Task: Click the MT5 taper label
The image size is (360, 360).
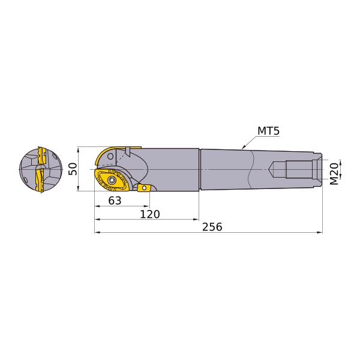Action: tap(268, 131)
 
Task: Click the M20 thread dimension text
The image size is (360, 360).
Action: tap(334, 173)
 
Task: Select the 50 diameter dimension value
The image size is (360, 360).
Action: tap(73, 169)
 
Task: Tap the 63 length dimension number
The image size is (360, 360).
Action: tap(115, 200)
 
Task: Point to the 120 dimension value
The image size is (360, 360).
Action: tap(150, 214)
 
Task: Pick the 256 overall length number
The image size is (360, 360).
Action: tap(212, 227)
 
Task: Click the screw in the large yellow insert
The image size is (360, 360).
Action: tap(112, 180)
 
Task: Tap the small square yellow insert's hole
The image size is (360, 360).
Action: tap(144, 188)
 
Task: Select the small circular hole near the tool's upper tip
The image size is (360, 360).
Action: tap(110, 157)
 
